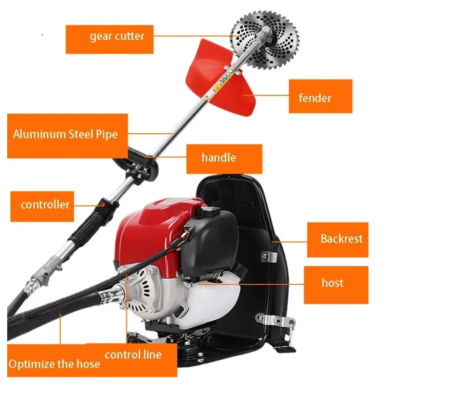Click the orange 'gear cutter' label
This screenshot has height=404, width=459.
pos(109,39)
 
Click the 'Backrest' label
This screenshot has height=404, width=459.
pos(338,240)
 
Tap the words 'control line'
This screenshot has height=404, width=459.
pos(133,355)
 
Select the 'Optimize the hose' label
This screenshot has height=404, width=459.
pos(54,364)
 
